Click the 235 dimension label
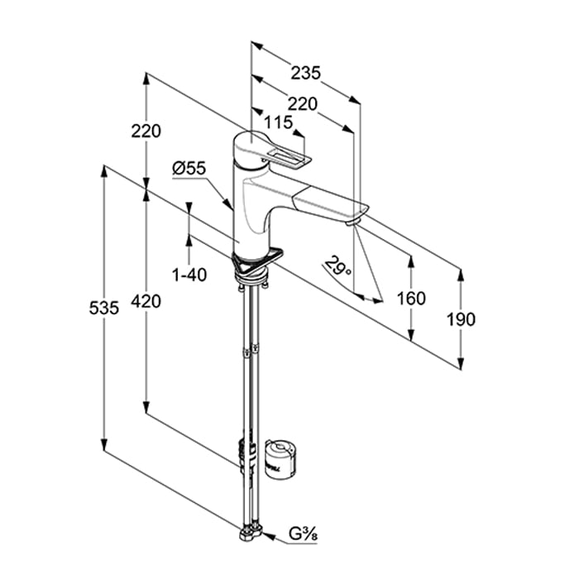click(305, 74)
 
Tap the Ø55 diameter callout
click(189, 168)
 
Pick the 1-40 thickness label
click(190, 274)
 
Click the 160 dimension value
click(411, 298)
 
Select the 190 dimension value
click(461, 318)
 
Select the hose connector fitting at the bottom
click(251, 534)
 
